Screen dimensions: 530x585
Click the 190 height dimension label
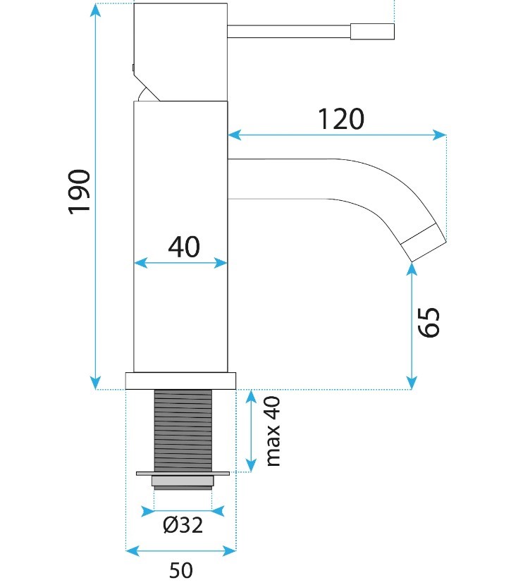click(x=80, y=192)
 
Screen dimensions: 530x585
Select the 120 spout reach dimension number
click(x=341, y=119)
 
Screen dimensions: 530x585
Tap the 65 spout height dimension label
click(x=429, y=322)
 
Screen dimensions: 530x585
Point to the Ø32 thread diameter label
click(x=183, y=525)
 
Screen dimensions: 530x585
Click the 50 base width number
click(x=181, y=570)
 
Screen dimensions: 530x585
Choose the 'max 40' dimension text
click(x=273, y=431)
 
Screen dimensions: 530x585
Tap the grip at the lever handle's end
click(x=372, y=31)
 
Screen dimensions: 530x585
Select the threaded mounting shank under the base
click(x=183, y=431)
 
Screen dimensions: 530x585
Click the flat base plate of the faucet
click(x=181, y=381)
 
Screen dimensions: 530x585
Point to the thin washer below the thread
click(x=183, y=474)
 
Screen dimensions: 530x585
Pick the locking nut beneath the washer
click(x=183, y=481)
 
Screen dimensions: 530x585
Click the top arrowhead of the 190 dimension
click(x=96, y=9)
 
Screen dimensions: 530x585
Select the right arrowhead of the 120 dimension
click(x=440, y=135)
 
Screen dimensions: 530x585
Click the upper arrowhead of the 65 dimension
click(x=412, y=269)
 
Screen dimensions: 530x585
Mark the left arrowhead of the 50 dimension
click(x=132, y=550)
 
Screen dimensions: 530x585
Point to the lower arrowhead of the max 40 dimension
click(x=251, y=466)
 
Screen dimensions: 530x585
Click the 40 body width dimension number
click(x=184, y=247)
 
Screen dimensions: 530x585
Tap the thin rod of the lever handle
click(x=289, y=31)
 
